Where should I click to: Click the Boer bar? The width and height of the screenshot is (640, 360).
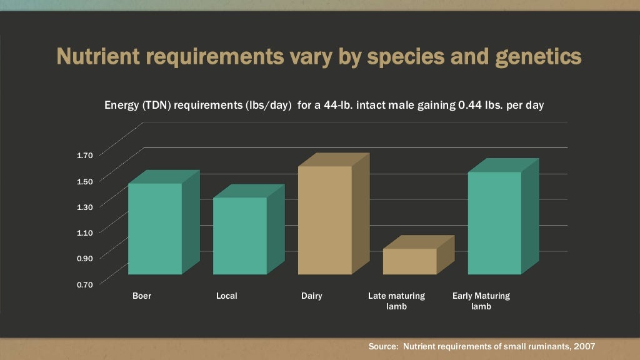click(x=155, y=228)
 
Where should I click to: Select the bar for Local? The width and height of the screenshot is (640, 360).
click(x=240, y=236)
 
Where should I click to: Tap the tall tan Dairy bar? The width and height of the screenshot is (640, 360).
click(x=325, y=220)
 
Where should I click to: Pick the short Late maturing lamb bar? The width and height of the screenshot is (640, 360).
click(x=409, y=261)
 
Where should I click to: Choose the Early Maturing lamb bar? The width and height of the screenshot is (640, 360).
click(x=494, y=222)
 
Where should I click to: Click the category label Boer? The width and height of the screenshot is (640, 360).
click(x=142, y=296)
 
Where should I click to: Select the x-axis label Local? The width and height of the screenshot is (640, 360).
click(x=227, y=296)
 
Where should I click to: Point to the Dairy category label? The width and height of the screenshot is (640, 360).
click(x=312, y=296)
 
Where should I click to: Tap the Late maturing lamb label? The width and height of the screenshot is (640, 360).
click(x=396, y=301)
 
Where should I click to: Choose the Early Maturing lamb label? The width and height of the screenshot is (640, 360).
click(x=481, y=301)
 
